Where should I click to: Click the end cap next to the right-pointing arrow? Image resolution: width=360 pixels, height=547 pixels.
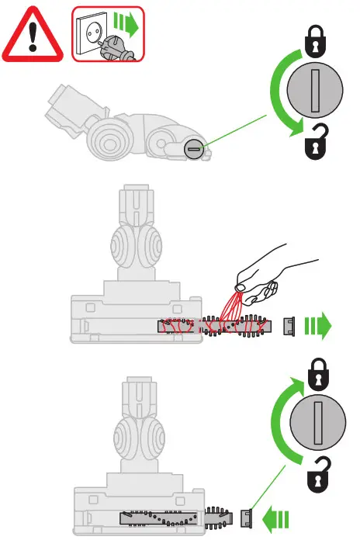289,326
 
